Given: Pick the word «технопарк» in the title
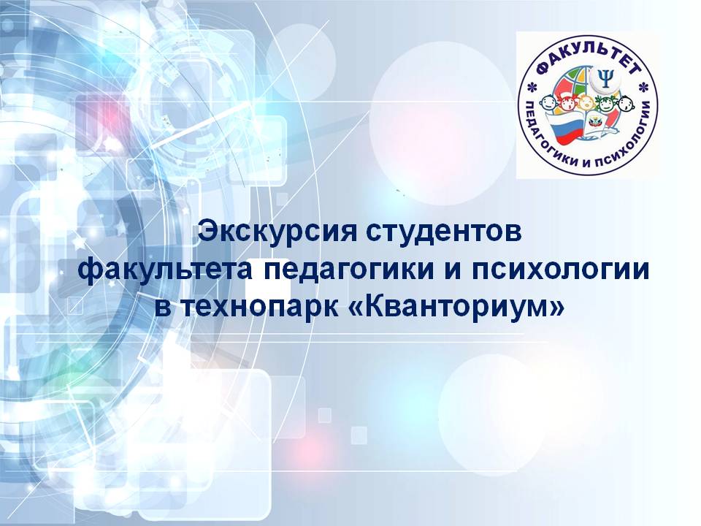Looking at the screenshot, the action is [x=260, y=308].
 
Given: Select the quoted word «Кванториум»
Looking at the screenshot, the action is [x=456, y=307].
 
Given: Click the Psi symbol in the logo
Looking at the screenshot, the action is [x=606, y=79].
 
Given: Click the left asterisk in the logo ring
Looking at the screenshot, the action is [x=532, y=86].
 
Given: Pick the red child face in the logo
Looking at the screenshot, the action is [x=568, y=104].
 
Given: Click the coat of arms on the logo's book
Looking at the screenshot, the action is [x=594, y=122].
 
